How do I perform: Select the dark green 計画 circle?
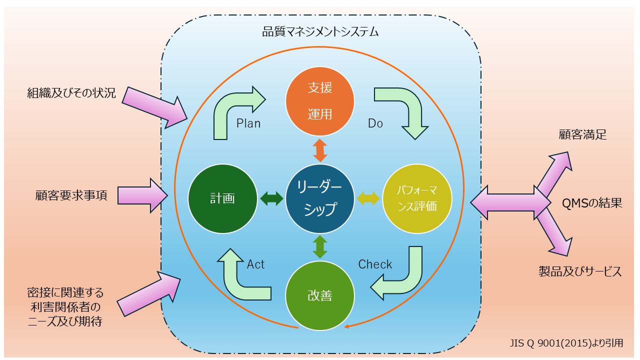tap(222, 198)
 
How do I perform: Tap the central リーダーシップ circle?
tap(320, 198)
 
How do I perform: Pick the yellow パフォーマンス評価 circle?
tap(417, 198)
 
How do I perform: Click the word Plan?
tap(248, 123)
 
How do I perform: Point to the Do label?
tap(375, 123)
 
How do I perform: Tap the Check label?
tap(375, 264)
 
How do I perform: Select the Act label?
tap(255, 264)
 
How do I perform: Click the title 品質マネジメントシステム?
tap(320, 33)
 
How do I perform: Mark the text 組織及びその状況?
tap(71, 93)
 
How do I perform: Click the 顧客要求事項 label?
tap(71, 195)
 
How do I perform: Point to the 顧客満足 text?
tap(582, 134)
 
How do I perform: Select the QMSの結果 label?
tap(592, 203)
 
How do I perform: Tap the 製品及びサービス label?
tap(580, 271)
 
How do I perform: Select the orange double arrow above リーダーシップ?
tap(320, 150)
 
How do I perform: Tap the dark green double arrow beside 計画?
tap(271, 198)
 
